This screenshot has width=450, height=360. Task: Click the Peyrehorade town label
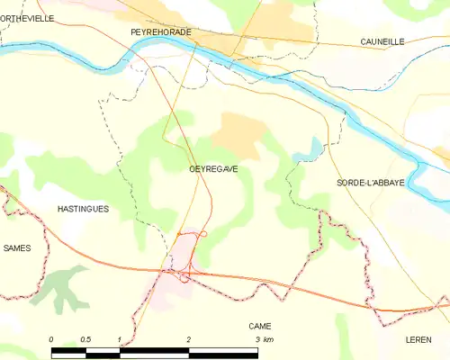point(160,31)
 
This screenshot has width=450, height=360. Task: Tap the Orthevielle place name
point(27,18)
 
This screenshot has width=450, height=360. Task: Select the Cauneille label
point(382,41)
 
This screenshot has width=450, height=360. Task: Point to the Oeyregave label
point(214,168)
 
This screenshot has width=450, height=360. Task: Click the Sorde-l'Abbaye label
point(371,182)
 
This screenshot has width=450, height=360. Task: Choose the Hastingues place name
point(83,209)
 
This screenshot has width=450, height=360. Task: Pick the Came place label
point(260,326)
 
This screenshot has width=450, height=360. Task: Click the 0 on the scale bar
point(51,339)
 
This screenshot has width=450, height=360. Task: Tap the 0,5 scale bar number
point(84,339)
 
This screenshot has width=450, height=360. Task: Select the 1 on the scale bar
point(119,339)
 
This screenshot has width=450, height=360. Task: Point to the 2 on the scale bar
point(188,339)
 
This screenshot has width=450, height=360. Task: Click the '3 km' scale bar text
point(263,339)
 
